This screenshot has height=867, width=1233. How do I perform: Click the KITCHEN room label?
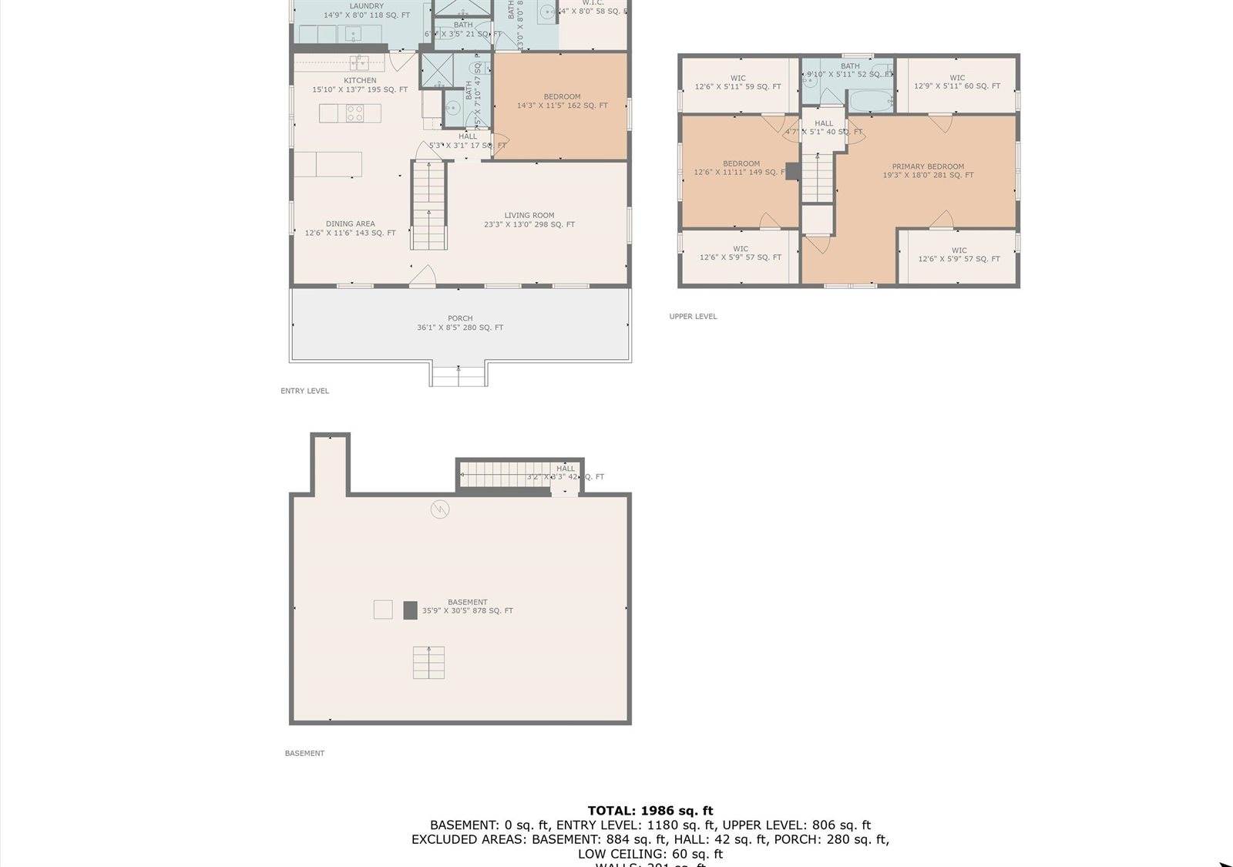tap(360, 81)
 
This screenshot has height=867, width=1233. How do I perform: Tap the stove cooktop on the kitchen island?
tap(354, 113)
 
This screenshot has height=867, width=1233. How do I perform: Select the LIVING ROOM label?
tap(529, 216)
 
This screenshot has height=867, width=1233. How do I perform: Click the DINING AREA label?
tap(351, 224)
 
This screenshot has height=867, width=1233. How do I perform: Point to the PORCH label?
tap(460, 318)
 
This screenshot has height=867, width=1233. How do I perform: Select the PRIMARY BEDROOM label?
tap(928, 166)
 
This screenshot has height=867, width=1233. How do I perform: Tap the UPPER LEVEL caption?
tap(693, 316)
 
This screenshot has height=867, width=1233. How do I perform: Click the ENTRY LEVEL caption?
tap(304, 391)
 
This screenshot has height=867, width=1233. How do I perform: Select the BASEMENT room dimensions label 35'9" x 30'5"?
tap(467, 611)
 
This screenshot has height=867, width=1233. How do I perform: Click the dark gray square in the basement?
tap(410, 610)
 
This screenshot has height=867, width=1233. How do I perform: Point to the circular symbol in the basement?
tap(439, 509)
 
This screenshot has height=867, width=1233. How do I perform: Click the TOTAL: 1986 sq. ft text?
tap(650, 810)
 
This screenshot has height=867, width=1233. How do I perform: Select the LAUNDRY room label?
tap(366, 6)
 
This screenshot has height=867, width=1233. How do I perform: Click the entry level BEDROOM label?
tap(562, 97)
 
